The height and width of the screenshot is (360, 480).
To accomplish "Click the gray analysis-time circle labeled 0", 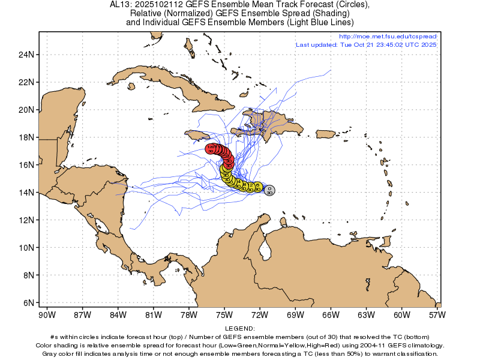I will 269,190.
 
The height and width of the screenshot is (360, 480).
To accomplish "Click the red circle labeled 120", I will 211,148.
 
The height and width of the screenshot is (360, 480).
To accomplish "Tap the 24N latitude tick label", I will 26,55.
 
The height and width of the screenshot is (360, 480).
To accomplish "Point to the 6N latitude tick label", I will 28,303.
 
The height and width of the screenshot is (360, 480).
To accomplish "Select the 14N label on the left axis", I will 26,193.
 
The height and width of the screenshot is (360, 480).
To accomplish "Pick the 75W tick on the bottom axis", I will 224,314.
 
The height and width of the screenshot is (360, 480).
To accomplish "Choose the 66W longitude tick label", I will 331,314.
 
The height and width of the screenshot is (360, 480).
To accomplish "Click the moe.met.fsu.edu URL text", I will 388,37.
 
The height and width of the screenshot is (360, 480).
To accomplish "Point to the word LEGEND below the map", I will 239,329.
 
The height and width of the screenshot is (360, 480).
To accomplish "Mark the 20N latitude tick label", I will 26,110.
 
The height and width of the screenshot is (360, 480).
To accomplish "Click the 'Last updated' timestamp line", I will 366,45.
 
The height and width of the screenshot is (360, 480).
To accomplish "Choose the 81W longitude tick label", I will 154,314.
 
